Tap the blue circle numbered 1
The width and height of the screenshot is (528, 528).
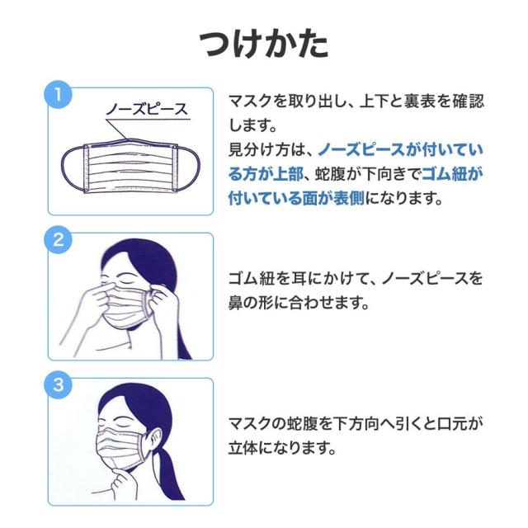pyautogui.click(x=57, y=94)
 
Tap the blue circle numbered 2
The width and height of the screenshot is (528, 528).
pyautogui.click(x=57, y=241)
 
